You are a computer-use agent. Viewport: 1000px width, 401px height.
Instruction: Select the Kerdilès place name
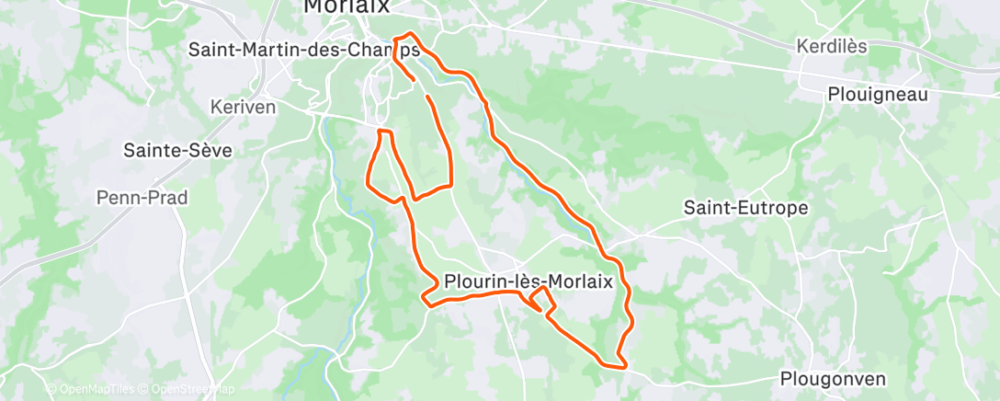[x=833, y=47]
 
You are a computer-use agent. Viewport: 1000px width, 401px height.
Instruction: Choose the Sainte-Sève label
[x=177, y=150]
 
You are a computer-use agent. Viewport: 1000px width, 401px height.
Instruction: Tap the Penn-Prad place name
[x=142, y=197]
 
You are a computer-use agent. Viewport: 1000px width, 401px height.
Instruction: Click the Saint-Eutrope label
[x=745, y=208]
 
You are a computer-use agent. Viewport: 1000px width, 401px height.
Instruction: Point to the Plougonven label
[x=833, y=378]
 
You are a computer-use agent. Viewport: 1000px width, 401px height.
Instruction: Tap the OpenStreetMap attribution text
[x=187, y=390]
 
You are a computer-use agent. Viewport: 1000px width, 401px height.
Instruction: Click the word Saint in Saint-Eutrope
[x=708, y=208]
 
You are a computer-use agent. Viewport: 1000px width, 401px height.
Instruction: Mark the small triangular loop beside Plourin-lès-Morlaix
[x=542, y=299]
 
